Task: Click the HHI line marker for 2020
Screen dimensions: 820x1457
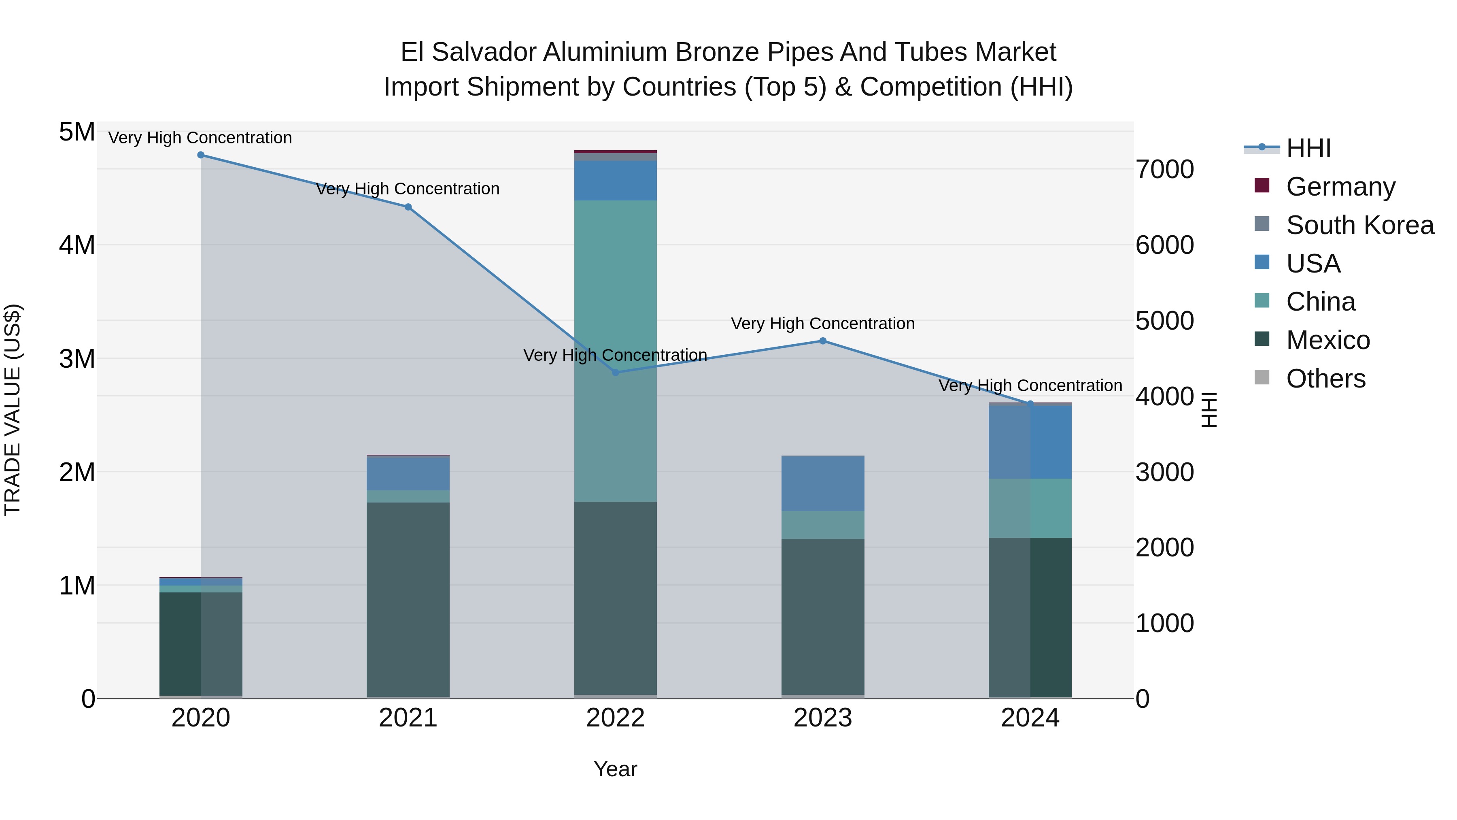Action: (201, 155)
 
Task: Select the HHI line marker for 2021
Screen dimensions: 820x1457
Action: (408, 207)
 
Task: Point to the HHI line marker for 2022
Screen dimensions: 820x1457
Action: (615, 373)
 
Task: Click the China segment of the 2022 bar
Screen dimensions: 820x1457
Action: (615, 351)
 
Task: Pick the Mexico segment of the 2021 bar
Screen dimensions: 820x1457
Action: (408, 600)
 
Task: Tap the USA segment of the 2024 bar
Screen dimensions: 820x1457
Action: (1030, 442)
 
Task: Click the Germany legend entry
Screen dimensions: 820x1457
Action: (1340, 187)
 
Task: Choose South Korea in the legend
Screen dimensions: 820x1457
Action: (1360, 225)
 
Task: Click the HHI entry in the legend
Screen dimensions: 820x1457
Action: (1308, 148)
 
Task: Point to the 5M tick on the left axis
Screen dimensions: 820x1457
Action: (77, 132)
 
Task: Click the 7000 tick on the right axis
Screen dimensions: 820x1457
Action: (1164, 169)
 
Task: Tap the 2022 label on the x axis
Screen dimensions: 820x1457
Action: (615, 718)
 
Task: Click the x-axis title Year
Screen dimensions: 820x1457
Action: (615, 769)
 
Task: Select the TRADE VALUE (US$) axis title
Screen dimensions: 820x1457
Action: (13, 410)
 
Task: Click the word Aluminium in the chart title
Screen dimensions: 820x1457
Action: (605, 52)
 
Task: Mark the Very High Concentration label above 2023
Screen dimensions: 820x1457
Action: (822, 324)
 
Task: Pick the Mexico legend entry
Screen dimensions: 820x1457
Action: (1327, 340)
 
